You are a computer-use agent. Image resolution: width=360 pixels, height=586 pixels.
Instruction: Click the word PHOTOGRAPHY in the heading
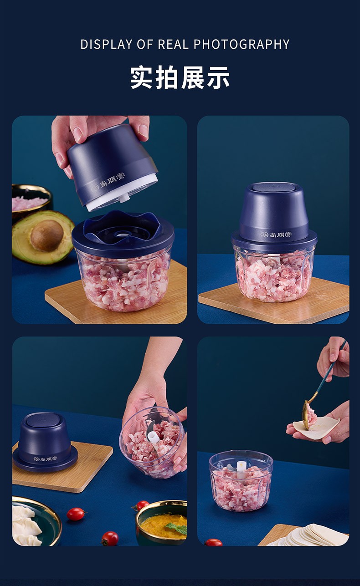pyautogui.click(x=242, y=44)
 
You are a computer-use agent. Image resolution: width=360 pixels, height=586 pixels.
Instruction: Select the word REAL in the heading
pyautogui.click(x=173, y=44)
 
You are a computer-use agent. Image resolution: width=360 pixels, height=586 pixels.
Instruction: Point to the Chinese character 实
pyautogui.click(x=141, y=78)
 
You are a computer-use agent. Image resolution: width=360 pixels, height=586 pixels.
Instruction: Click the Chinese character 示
pyautogui.click(x=219, y=78)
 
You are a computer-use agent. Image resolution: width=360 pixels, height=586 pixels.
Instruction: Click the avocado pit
pyautogui.click(x=47, y=235)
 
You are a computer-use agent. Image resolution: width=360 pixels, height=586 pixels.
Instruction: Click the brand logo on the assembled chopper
pyautogui.click(x=273, y=234)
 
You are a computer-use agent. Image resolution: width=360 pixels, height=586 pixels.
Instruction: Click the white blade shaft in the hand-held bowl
pyautogui.click(x=153, y=438)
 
